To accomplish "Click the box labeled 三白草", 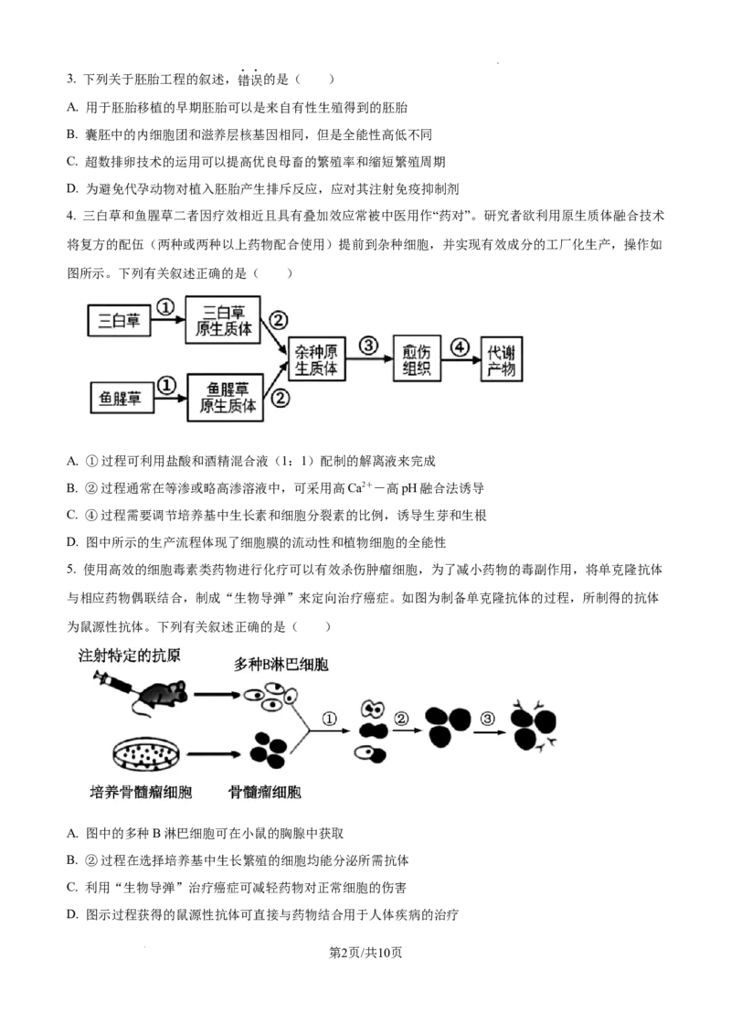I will pyautogui.click(x=120, y=321).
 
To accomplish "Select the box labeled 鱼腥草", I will pyautogui.click(x=121, y=399).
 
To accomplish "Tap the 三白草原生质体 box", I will pyautogui.click(x=223, y=319).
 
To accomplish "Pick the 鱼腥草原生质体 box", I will pyautogui.click(x=225, y=397).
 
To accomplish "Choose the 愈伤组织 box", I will pyautogui.click(x=418, y=358).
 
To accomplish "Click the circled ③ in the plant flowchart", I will pyautogui.click(x=368, y=346).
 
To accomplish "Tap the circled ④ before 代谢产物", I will pyautogui.click(x=461, y=346).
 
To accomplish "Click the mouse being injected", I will pyautogui.click(x=165, y=694).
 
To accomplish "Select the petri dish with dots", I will pyautogui.click(x=144, y=753).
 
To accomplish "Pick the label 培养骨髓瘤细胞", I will pyautogui.click(x=141, y=792).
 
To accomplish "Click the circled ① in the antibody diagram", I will pyautogui.click(x=331, y=719).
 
